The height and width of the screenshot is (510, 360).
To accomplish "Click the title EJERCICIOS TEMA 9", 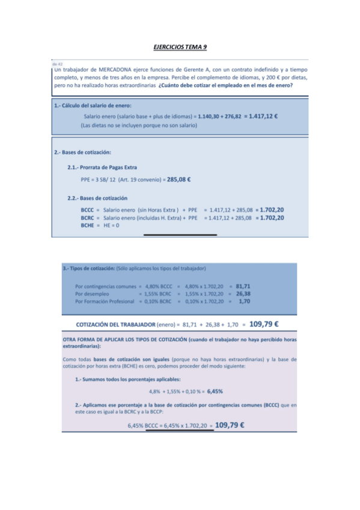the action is [180, 46].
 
